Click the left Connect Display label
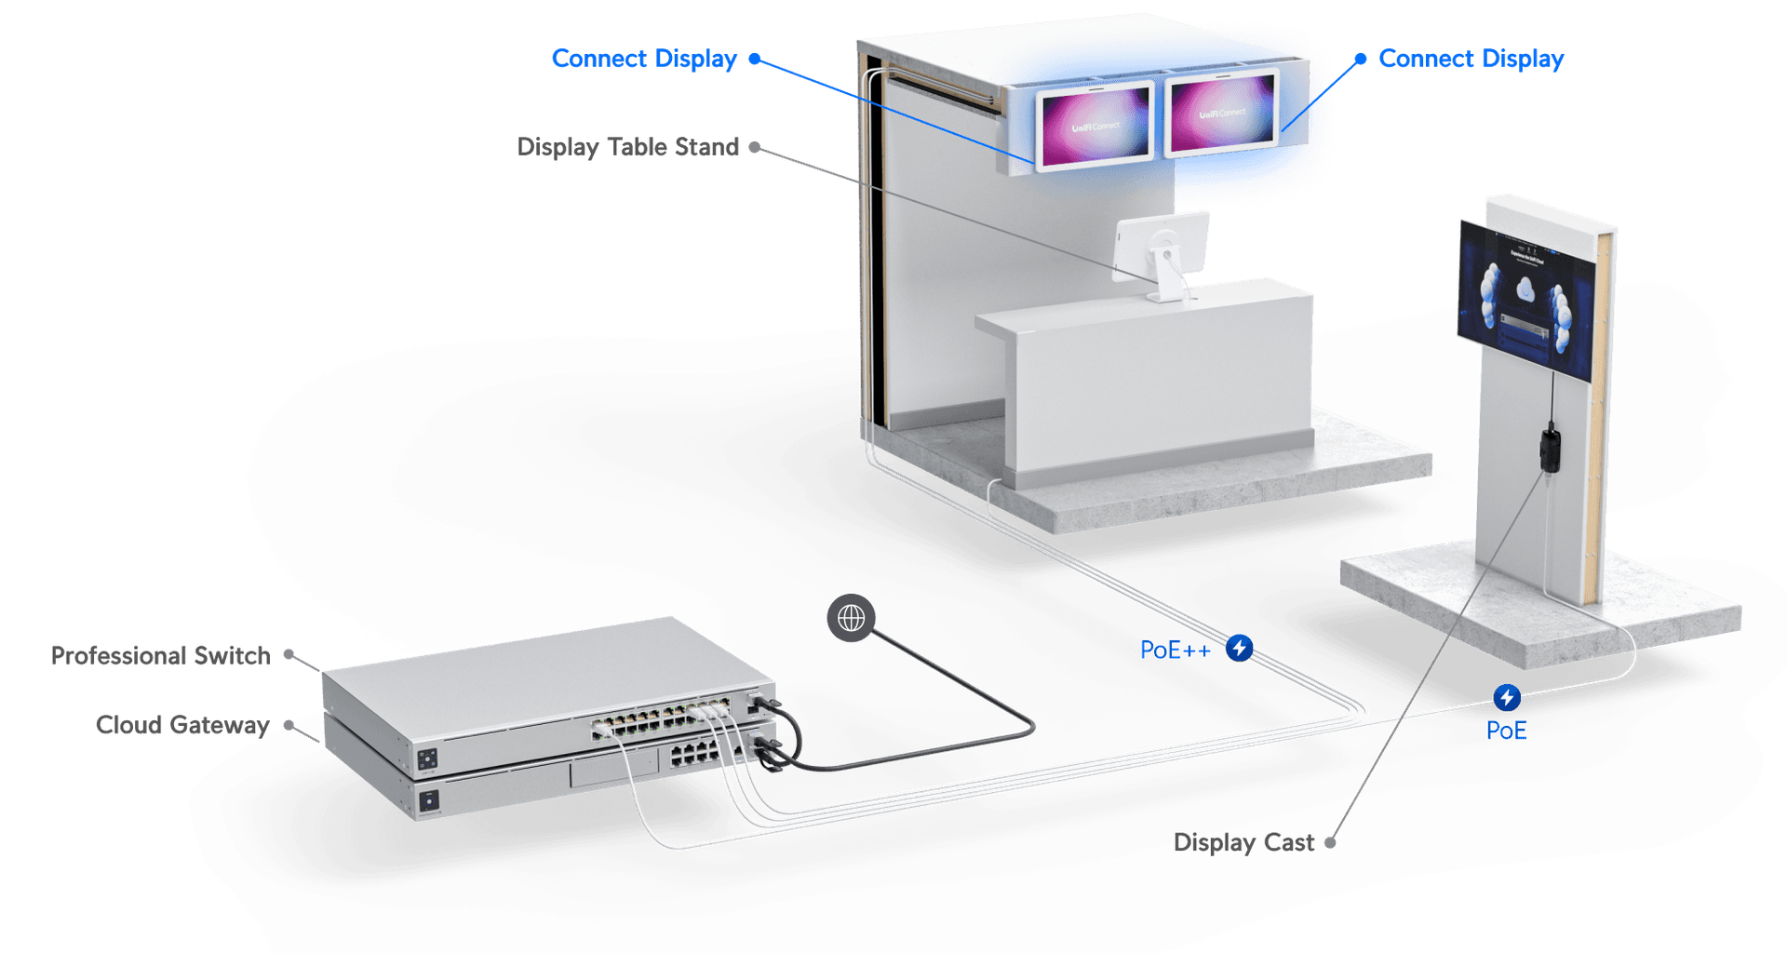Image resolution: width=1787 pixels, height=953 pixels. click(x=644, y=59)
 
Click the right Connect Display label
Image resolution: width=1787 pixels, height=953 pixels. click(x=1471, y=59)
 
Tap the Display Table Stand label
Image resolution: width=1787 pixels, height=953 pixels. click(x=627, y=147)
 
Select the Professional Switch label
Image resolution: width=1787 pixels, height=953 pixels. click(x=160, y=655)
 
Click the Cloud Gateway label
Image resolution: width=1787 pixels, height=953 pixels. click(x=182, y=724)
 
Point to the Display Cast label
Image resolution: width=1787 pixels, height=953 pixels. click(x=1243, y=842)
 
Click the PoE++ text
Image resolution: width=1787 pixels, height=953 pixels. click(x=1176, y=650)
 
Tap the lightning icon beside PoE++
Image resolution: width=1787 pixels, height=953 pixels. click(x=1239, y=648)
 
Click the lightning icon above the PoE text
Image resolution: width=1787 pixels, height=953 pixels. click(x=1507, y=697)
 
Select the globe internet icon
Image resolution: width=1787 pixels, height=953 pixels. click(x=851, y=618)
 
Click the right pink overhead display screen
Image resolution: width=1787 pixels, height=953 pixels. click(x=1222, y=114)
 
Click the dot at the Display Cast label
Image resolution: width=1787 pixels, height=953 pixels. click(x=1331, y=842)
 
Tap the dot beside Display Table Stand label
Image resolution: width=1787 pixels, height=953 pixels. click(x=755, y=147)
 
